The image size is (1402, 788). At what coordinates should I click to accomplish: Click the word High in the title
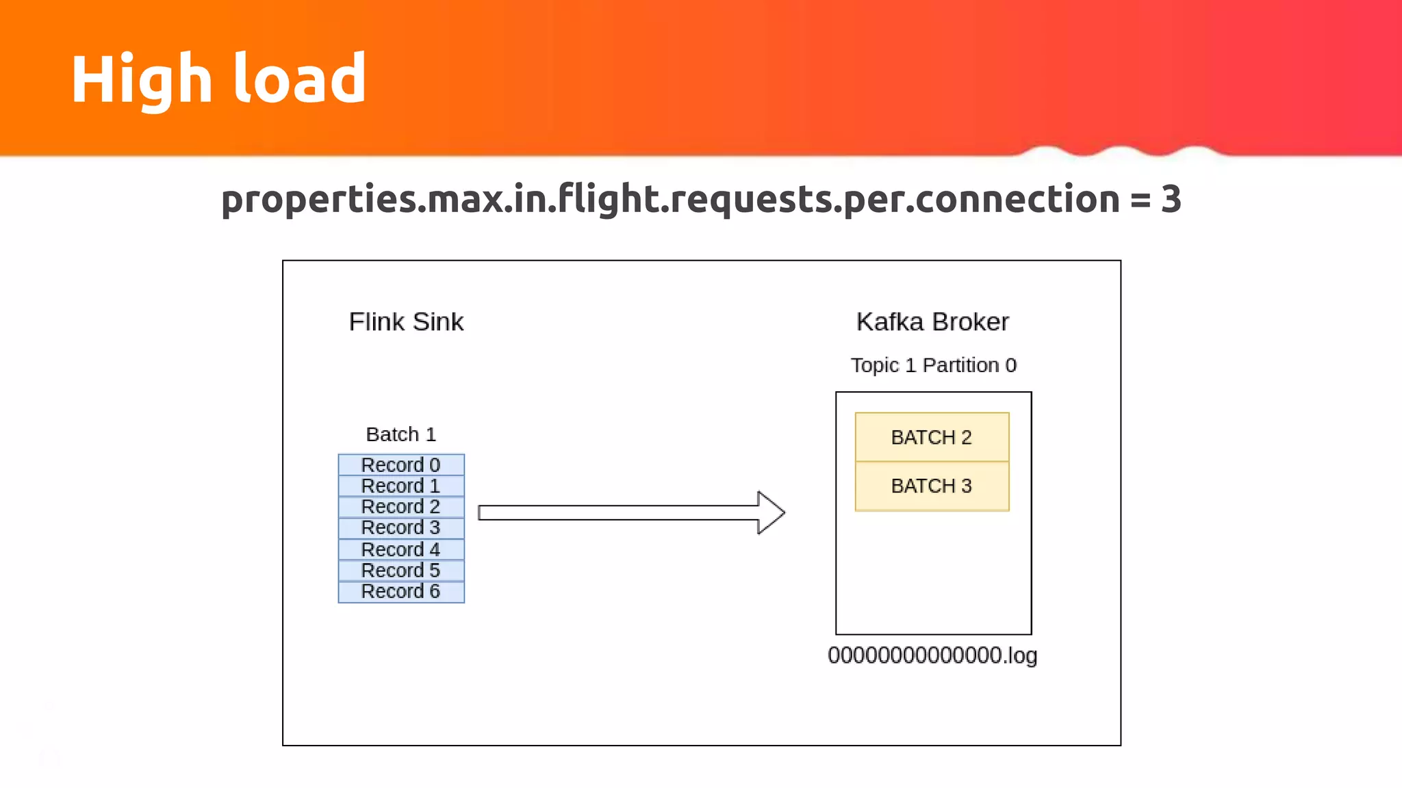coord(141,79)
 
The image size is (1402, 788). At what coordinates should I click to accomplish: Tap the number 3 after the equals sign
coord(1171,199)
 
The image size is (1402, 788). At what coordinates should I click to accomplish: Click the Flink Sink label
coord(406,321)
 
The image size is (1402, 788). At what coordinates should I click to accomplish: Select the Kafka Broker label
coord(932,321)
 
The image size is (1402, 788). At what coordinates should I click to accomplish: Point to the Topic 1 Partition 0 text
coord(933,365)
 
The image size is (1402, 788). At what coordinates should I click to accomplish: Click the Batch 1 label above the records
coord(400,434)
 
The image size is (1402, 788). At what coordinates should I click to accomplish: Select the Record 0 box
coord(401,464)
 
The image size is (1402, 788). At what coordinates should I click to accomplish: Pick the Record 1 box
coord(401,486)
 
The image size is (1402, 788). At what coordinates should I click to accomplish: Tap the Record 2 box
coord(401,507)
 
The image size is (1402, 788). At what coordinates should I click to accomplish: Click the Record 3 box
coord(401,528)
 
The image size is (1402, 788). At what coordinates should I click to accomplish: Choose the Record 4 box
coord(401,549)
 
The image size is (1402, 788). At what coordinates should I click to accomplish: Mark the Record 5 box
coord(401,570)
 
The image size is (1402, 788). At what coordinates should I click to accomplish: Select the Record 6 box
coord(401,592)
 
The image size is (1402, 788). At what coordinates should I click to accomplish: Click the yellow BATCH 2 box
coord(932,437)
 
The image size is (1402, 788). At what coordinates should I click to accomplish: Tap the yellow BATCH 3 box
coord(932,486)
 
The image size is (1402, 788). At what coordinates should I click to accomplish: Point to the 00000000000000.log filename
coord(932,655)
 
